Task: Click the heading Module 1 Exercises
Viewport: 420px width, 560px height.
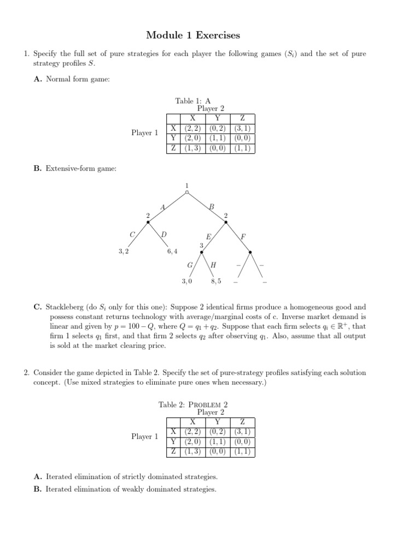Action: click(193, 36)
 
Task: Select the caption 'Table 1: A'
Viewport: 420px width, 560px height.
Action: click(192, 101)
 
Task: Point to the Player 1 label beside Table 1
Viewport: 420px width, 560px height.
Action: click(144, 133)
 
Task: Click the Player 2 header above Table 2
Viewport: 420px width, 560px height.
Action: click(211, 412)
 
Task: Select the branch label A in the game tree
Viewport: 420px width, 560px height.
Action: click(162, 207)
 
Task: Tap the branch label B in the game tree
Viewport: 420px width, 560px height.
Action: click(212, 207)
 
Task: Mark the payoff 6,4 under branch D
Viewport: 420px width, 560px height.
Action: click(172, 252)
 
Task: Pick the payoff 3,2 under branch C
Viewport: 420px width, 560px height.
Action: click(123, 252)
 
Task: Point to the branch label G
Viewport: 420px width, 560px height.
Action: click(190, 265)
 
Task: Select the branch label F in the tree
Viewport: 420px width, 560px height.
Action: click(243, 236)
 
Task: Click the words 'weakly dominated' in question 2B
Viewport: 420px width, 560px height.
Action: click(143, 489)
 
